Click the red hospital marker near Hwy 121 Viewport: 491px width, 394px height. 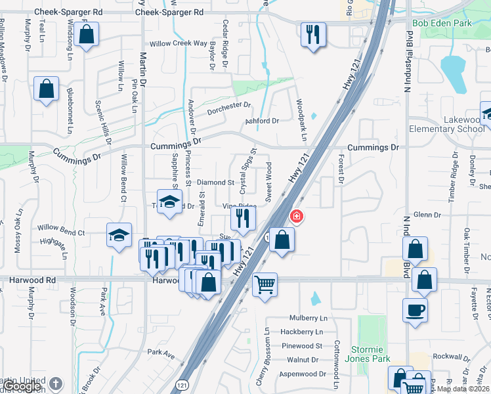[297, 216]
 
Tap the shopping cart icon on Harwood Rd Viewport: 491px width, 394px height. [265, 286]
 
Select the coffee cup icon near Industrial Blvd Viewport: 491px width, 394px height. [415, 310]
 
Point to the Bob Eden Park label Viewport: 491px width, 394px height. [442, 24]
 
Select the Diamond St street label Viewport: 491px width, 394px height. [216, 182]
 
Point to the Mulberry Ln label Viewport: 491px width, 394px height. [308, 318]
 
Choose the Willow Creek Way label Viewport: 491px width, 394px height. [179, 43]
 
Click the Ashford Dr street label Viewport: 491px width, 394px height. [263, 121]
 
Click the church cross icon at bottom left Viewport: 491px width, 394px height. [57, 383]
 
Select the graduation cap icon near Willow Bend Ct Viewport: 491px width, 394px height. [119, 235]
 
